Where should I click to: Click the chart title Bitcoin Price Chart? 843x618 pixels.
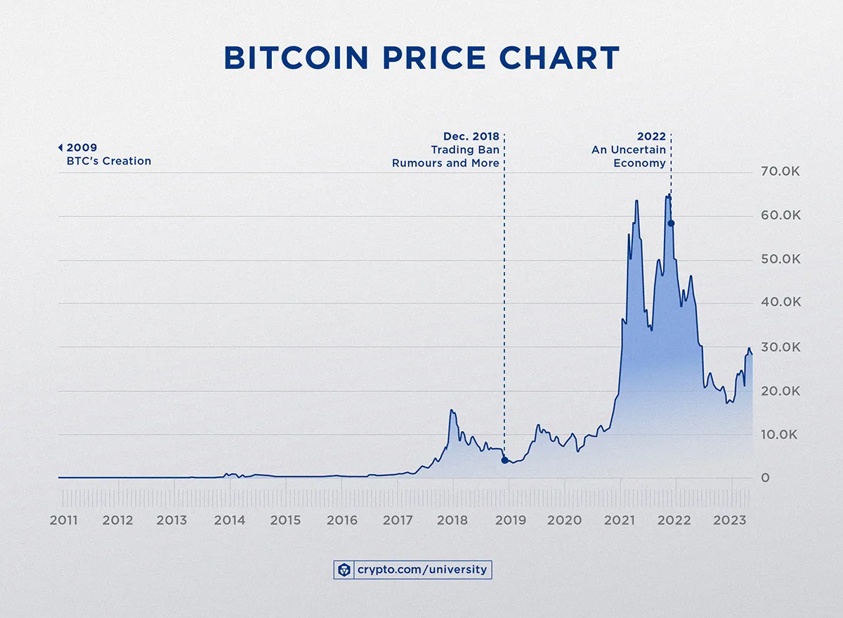(421, 58)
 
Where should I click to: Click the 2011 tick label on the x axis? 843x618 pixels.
(64, 520)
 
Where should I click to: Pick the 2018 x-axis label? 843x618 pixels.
(453, 520)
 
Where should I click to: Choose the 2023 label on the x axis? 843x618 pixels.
(731, 520)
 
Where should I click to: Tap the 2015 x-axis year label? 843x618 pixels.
(285, 520)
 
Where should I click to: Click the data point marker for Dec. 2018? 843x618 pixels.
(504, 461)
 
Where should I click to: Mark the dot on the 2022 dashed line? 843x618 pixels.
(671, 223)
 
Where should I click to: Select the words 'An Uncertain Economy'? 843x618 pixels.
(629, 156)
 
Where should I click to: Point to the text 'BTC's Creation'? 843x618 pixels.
(104, 161)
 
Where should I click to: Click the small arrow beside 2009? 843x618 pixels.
(60, 147)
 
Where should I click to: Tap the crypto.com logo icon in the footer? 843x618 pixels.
(343, 570)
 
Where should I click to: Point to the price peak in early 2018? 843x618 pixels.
(452, 411)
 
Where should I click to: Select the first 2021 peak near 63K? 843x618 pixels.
(636, 202)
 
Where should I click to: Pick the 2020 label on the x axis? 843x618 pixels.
(564, 520)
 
